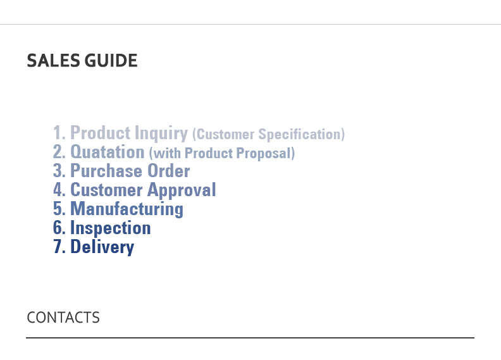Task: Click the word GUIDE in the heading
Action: point(111,61)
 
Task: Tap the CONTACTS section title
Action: point(63,318)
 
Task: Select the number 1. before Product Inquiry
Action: point(59,133)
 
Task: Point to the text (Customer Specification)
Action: point(269,134)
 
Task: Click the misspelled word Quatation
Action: point(108,152)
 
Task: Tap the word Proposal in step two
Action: point(266,153)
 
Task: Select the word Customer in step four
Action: point(106,190)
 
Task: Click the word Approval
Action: point(182,190)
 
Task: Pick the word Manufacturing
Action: point(127,209)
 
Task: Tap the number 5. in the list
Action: point(59,209)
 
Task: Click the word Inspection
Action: point(110,228)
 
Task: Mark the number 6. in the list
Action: point(59,227)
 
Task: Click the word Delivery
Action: point(102,247)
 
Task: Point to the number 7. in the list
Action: point(59,247)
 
